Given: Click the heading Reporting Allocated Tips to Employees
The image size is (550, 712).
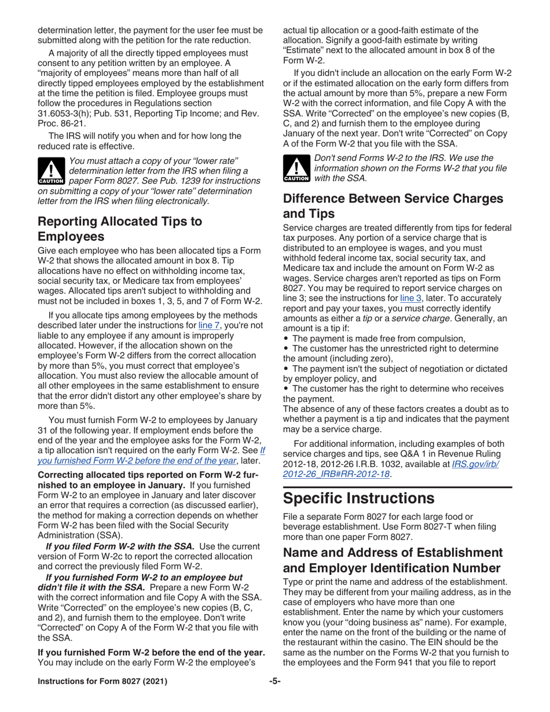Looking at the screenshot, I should (x=120, y=229).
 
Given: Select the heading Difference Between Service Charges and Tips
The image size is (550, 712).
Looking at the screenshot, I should (x=393, y=205).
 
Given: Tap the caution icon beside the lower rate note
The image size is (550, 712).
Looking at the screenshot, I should (x=51, y=170).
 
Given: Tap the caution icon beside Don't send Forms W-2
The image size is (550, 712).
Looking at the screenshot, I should (x=296, y=168).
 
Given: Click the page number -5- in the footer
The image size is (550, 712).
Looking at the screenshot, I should (x=275, y=681).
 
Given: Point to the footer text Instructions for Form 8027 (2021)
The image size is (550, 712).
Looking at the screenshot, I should (x=102, y=681).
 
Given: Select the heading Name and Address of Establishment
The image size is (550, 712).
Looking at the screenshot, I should (x=393, y=560).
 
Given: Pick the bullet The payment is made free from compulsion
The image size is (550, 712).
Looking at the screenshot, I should (x=379, y=339).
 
